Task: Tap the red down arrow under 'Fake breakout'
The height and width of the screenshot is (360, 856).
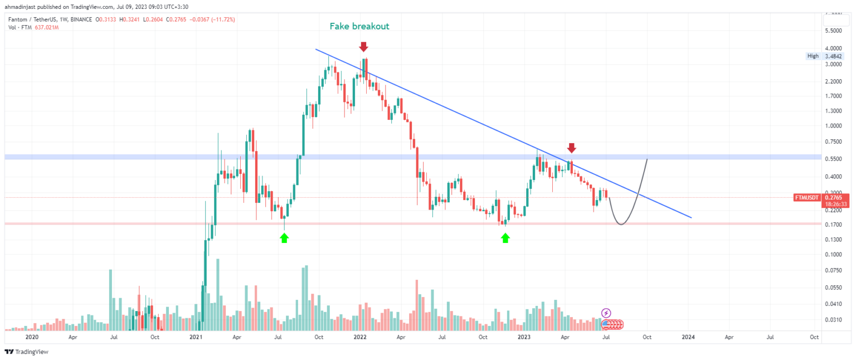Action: coord(364,46)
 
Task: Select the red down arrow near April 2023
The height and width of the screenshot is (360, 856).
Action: coord(571,148)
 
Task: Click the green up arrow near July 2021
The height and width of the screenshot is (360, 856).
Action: coord(284,238)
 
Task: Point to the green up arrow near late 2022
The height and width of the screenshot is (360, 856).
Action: coord(505,238)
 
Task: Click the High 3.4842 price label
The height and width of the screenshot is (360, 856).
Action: coord(825,56)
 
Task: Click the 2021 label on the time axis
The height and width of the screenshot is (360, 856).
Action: coord(196,337)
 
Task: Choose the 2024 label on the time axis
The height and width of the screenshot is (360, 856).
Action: coord(688,337)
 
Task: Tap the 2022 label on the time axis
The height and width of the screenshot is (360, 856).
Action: coord(359,337)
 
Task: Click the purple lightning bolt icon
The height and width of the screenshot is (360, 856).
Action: coord(606,313)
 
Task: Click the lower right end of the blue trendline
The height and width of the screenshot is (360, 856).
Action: coord(691,217)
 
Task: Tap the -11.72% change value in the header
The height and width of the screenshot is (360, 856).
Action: coord(221,20)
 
